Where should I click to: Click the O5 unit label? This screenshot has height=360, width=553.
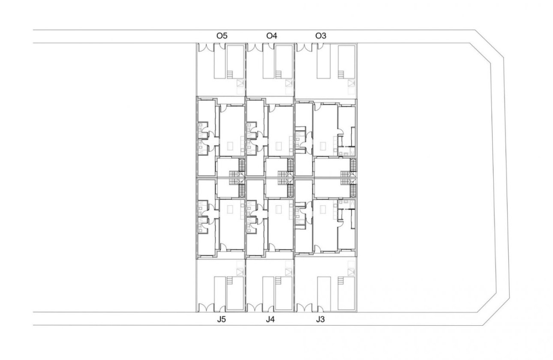point(221,36)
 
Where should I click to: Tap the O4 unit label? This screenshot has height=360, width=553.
point(272,36)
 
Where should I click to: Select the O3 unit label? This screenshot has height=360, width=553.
point(321,36)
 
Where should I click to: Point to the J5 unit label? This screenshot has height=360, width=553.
point(221,319)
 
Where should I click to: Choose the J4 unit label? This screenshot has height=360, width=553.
point(270,319)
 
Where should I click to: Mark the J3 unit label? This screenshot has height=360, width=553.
point(321,319)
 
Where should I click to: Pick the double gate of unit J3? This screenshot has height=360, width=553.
point(304,307)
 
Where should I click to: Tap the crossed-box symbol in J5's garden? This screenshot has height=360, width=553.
point(240,272)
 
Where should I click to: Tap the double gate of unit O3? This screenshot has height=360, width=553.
point(304,48)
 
